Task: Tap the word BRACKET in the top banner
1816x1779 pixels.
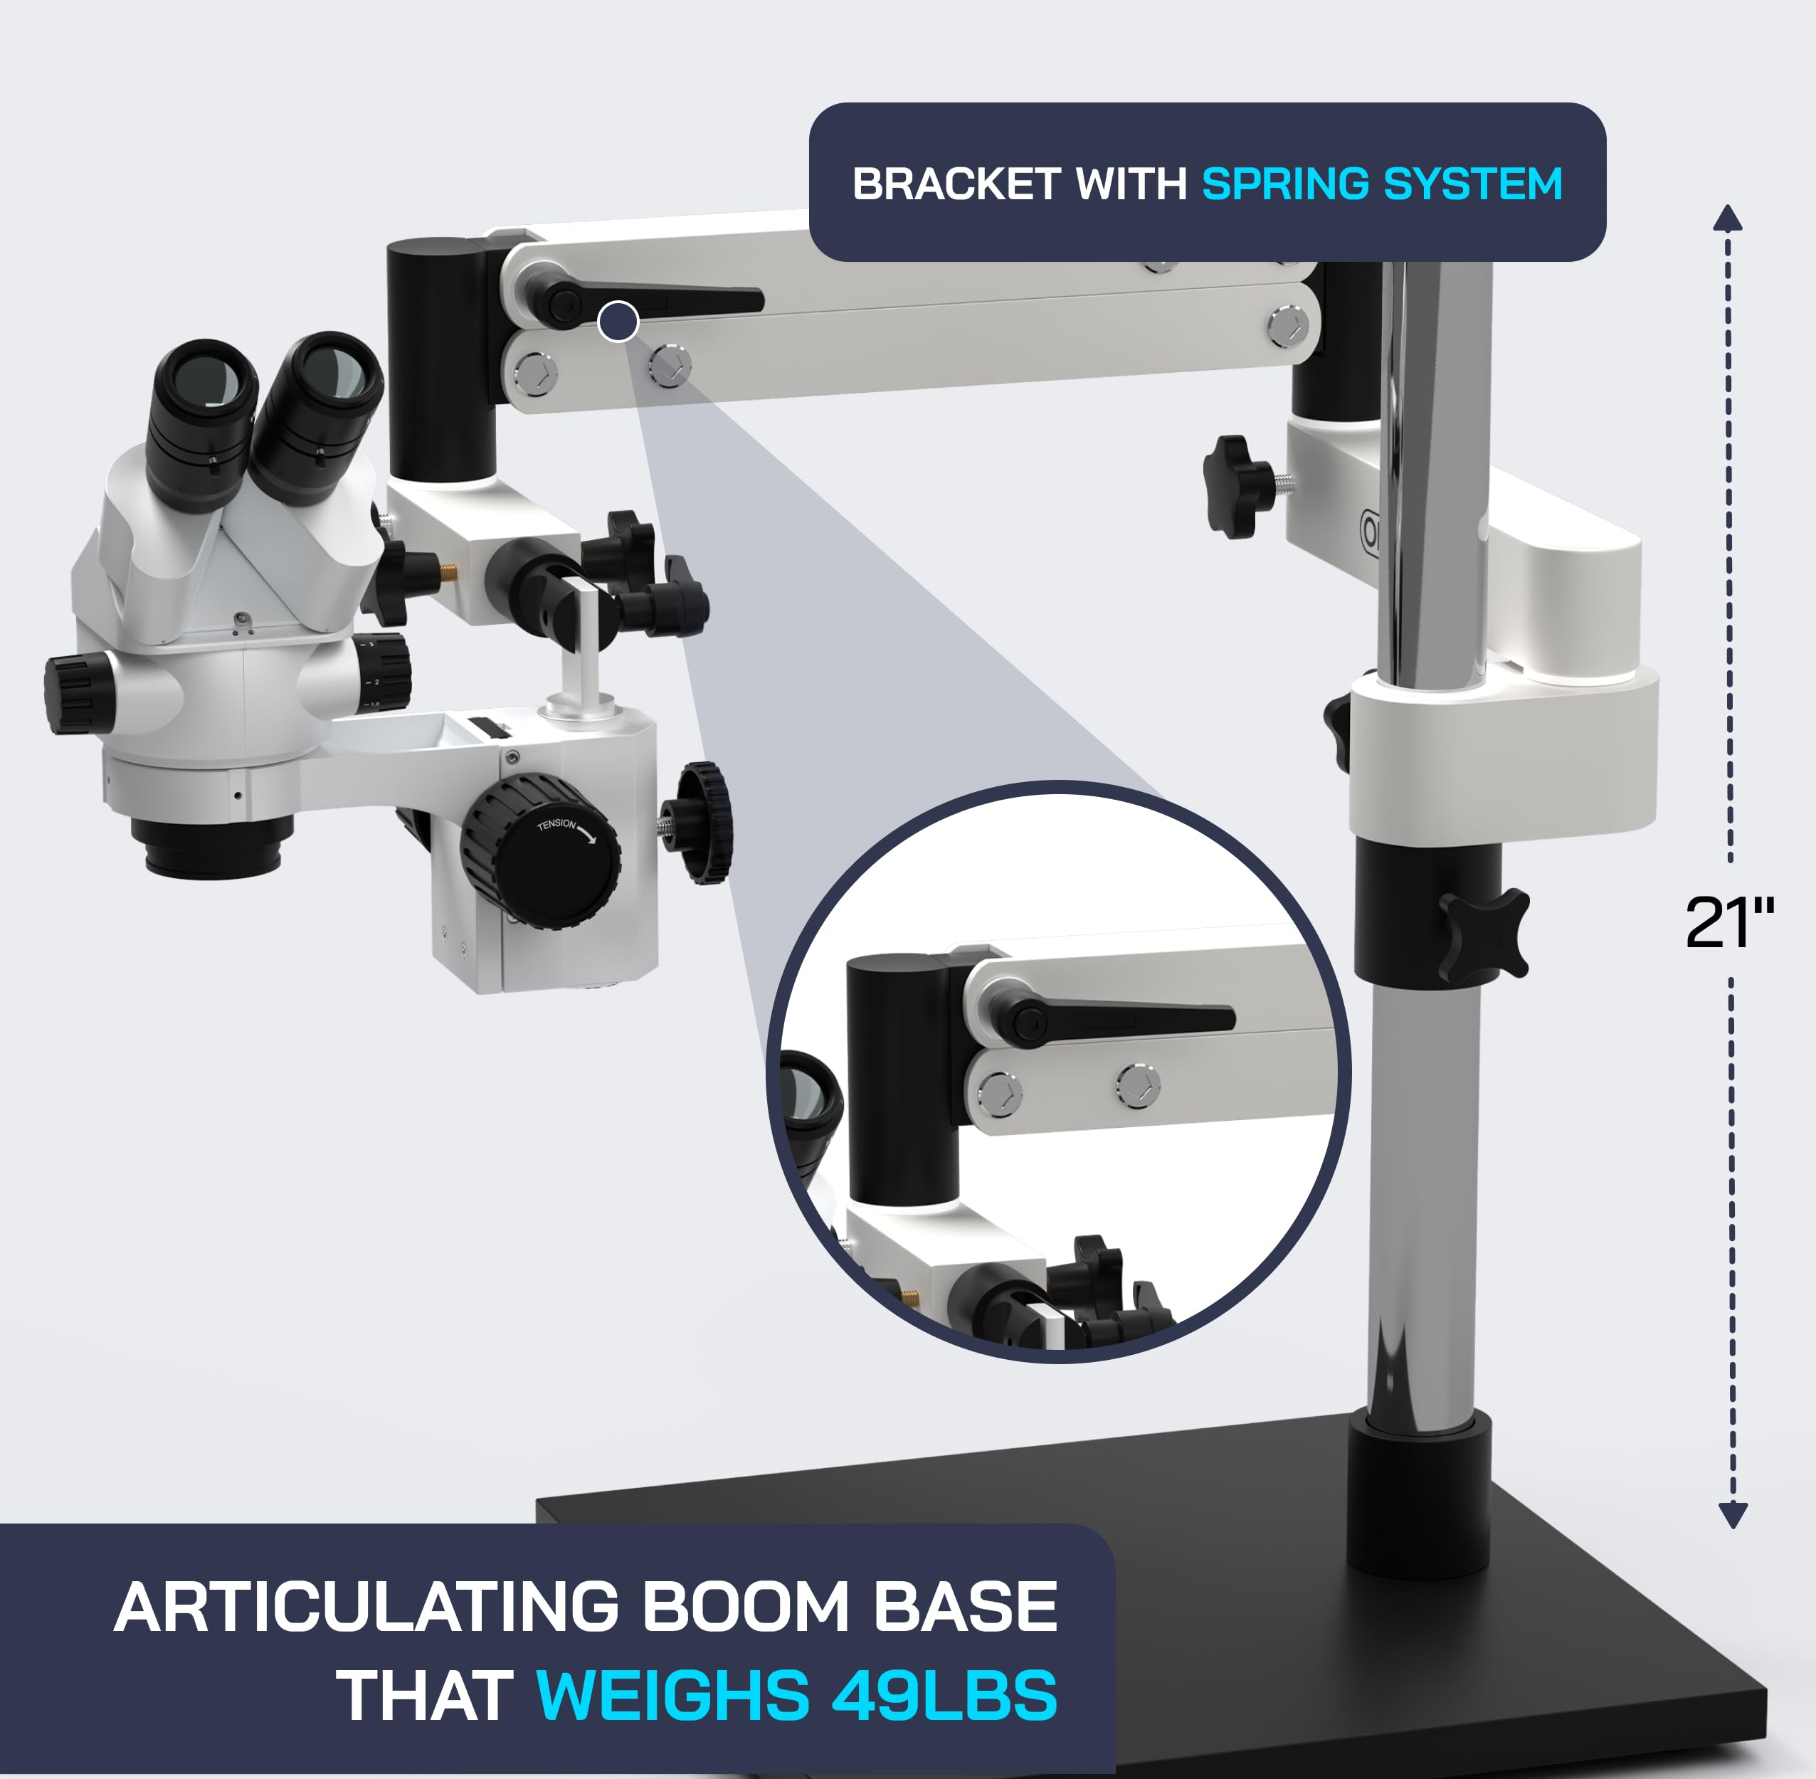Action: pyautogui.click(x=956, y=184)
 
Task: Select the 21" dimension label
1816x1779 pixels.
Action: pyautogui.click(x=1729, y=923)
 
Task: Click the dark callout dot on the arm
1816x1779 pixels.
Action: pyautogui.click(x=618, y=322)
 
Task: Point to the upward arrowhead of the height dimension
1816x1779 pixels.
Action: pyautogui.click(x=1727, y=218)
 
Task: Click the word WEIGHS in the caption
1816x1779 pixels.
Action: pyautogui.click(x=672, y=1696)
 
